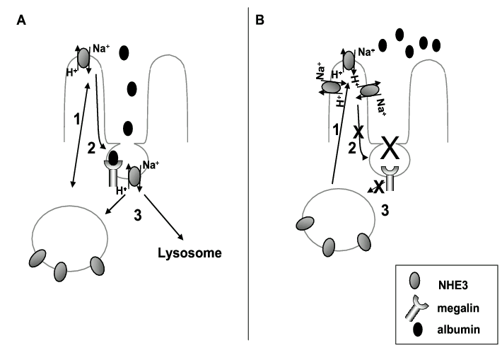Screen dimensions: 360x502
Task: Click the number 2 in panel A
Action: pyautogui.click(x=90, y=147)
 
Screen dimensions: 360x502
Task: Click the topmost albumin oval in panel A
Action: pyautogui.click(x=124, y=52)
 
